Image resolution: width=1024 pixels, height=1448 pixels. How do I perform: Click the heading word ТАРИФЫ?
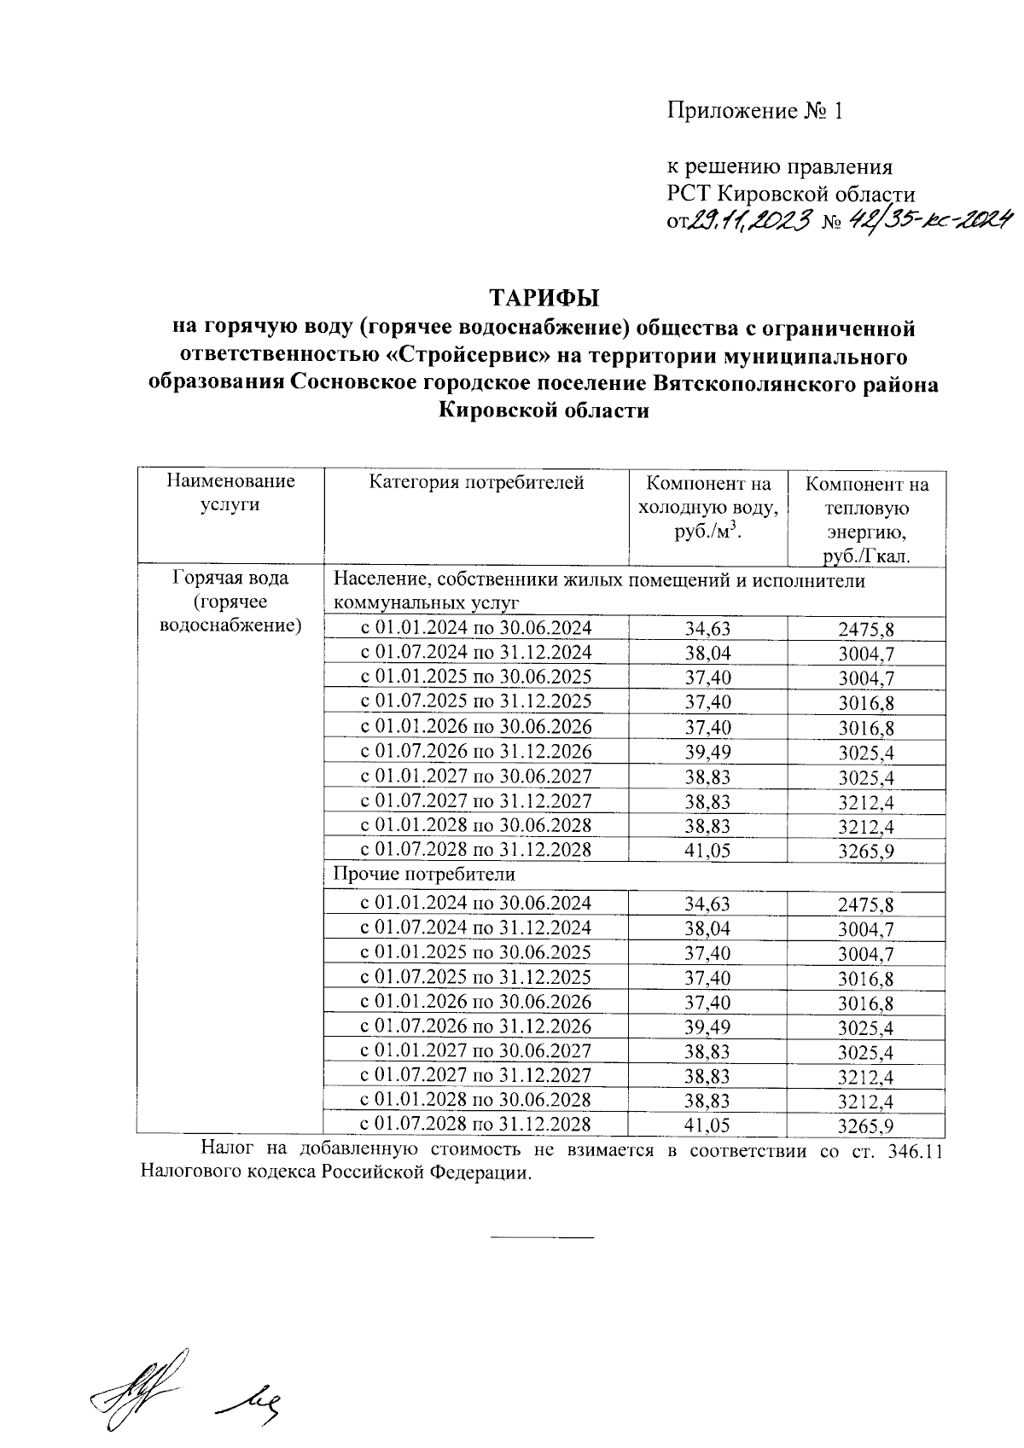pos(544,298)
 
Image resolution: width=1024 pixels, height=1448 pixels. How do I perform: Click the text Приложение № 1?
pos(754,111)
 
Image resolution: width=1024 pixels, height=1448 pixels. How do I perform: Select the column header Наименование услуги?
pos(230,493)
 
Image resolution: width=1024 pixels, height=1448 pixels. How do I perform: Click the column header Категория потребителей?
pos(476,483)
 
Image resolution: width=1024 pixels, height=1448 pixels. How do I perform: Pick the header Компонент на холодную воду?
pos(707,507)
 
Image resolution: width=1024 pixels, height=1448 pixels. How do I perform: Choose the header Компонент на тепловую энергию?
pos(867,520)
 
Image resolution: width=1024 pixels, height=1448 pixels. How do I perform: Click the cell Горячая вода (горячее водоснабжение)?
pos(230,602)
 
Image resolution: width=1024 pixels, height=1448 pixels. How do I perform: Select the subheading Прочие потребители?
pos(424,875)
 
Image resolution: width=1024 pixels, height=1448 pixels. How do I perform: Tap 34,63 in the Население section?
pos(707,630)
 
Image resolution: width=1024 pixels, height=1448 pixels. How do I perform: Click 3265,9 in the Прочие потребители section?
pos(866,1126)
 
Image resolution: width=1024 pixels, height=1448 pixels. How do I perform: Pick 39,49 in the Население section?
pos(707,753)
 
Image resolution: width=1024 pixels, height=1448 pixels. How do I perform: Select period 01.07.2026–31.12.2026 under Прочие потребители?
pos(475,1026)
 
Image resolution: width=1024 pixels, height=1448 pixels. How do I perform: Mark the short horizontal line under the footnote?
pos(541,1236)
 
